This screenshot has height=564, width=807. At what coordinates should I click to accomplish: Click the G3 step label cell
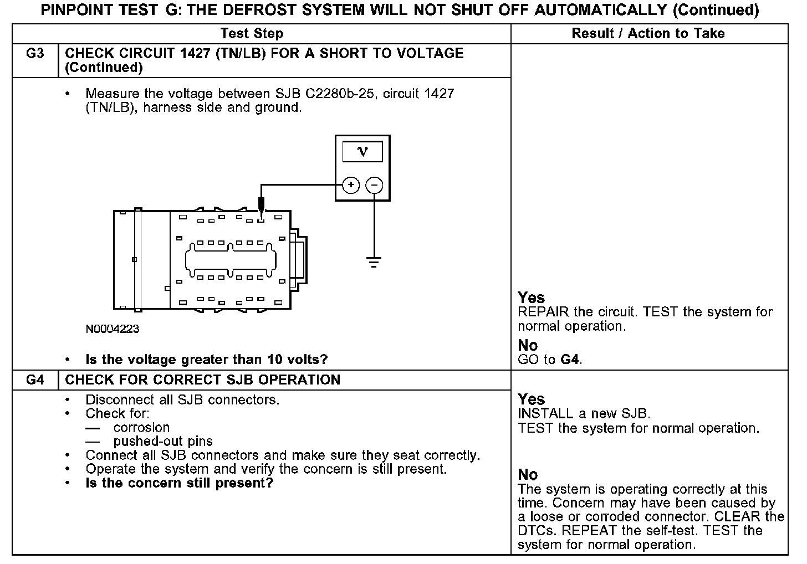[35, 54]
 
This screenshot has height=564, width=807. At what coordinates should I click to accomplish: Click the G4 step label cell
[35, 380]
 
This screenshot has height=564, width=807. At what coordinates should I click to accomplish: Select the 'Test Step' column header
[252, 34]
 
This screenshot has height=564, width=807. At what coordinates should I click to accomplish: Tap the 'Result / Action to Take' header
[648, 34]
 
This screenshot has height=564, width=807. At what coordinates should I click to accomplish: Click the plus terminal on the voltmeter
[351, 185]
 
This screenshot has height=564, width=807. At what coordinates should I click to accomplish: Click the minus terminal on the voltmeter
[375, 185]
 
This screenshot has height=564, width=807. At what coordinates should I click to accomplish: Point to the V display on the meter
[362, 151]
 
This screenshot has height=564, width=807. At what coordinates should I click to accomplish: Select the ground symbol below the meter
[374, 262]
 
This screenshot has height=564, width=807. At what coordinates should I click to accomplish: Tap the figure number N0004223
[113, 329]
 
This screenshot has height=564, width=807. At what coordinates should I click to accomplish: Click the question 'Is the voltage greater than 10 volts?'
[206, 360]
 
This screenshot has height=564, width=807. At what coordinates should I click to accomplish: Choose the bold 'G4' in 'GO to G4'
[570, 360]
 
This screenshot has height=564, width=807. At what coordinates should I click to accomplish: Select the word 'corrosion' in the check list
[141, 428]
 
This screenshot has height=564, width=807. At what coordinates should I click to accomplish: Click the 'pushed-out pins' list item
[163, 442]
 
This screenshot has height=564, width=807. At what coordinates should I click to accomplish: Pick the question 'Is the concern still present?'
[179, 483]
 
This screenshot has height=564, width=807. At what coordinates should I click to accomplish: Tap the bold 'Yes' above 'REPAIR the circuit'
[531, 298]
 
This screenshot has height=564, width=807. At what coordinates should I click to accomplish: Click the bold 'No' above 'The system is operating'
[528, 475]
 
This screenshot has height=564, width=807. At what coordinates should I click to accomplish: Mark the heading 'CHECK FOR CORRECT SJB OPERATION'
[202, 380]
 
